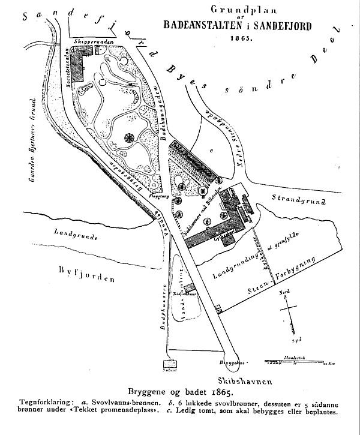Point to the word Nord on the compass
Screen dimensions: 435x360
click(286, 293)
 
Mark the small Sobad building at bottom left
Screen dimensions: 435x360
click(170, 364)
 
